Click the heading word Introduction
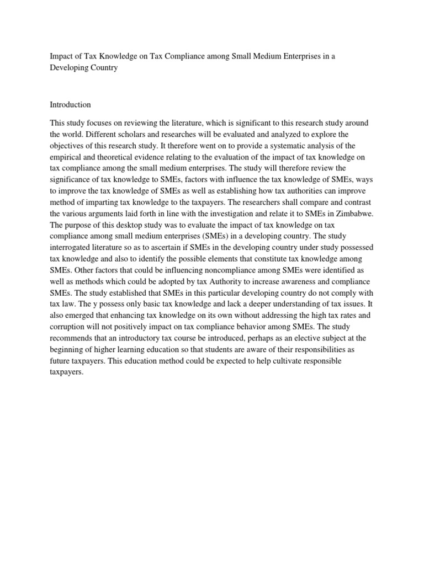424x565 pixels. (x=70, y=104)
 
